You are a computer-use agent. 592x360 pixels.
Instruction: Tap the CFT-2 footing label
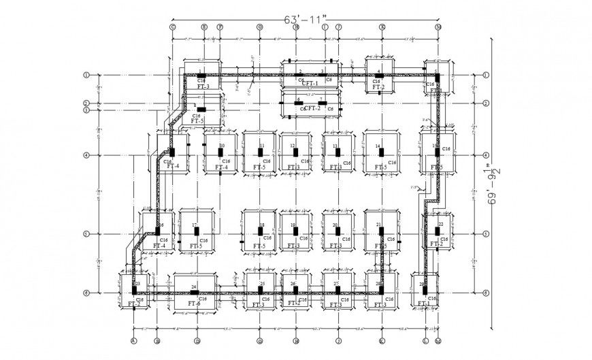coord(312,108)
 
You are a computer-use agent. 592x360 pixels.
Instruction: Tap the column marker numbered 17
coord(195,231)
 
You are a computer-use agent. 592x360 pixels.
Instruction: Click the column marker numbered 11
coord(261,152)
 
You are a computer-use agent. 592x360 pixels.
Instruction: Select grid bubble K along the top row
coord(382,27)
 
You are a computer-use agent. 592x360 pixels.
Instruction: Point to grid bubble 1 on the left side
coord(86,75)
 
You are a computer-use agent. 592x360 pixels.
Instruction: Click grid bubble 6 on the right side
coord(484,293)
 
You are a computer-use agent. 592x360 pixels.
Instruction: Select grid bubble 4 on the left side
coord(86,155)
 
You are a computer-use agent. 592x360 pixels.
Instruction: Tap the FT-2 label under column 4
coord(378,87)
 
